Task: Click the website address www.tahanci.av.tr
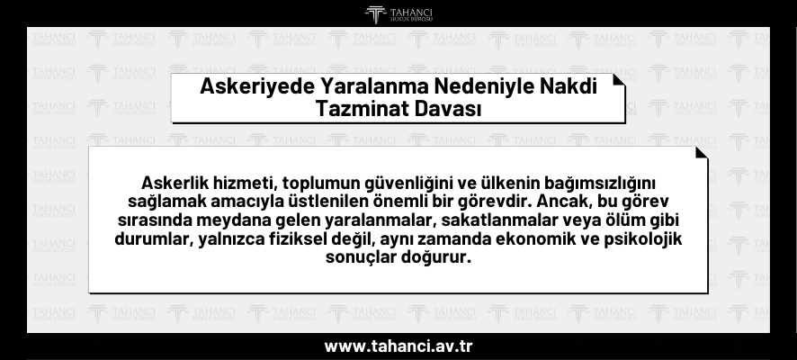[398, 346]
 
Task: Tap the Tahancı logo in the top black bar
[398, 13]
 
